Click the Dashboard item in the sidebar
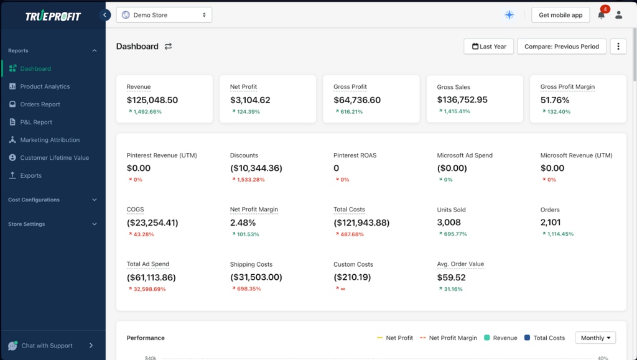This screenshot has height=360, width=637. point(35,69)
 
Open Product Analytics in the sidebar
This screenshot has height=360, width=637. point(45,86)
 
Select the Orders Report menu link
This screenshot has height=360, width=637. point(40,104)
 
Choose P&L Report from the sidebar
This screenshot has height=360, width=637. point(36,122)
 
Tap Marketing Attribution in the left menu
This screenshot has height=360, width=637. point(50,140)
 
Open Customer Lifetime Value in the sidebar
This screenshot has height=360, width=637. point(54,158)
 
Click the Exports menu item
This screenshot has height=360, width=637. point(30,176)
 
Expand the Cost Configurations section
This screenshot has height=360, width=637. point(52,200)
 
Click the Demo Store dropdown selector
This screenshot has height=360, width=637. point(164,15)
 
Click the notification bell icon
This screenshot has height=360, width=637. point(601,15)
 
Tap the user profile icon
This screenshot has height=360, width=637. point(618,15)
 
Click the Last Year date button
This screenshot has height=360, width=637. point(488,47)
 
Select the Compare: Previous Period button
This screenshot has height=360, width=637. point(561,47)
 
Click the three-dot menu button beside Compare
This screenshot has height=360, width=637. point(618,47)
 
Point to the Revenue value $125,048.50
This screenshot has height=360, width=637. point(152,100)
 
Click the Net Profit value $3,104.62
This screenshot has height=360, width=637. point(250,100)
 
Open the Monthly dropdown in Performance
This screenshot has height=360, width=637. point(595,338)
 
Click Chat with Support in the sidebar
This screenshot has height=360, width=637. point(47,346)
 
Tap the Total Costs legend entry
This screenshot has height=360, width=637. point(544,338)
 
